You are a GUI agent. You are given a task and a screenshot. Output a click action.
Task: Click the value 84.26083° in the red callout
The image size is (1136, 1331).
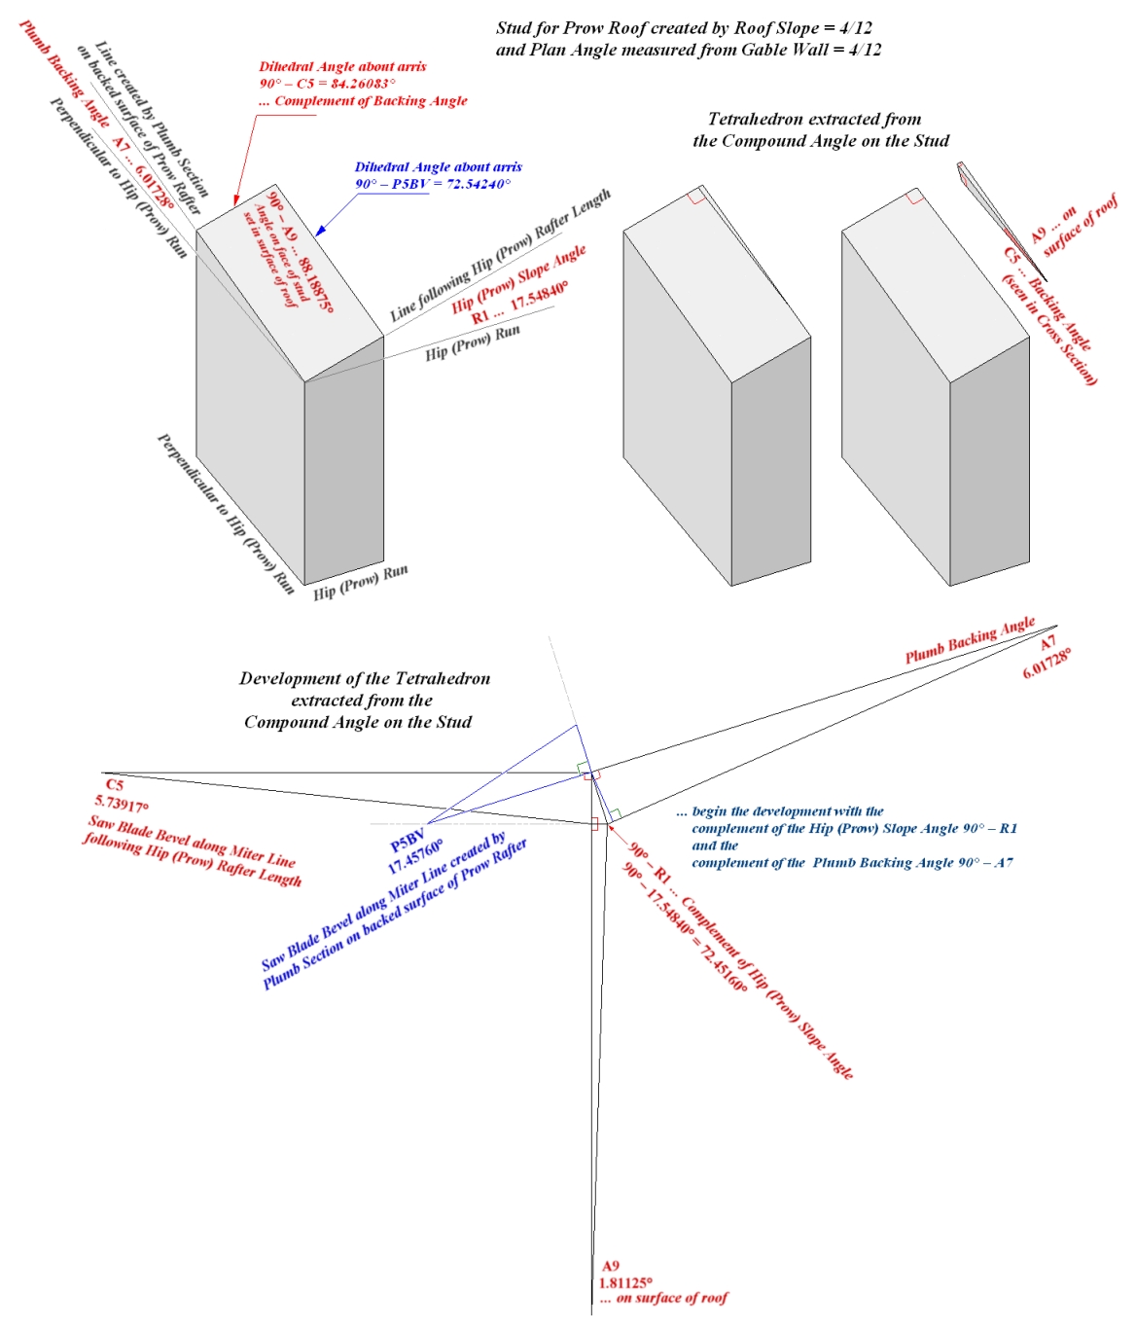(363, 84)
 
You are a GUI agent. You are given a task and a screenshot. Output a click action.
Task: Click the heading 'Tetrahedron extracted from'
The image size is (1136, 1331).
(814, 120)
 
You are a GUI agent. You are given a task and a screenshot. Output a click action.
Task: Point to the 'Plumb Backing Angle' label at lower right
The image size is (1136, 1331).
(970, 641)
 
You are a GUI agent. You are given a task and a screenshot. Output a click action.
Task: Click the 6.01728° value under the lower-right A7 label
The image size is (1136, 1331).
(1047, 664)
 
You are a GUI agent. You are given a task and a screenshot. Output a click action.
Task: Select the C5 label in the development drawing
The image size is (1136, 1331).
(114, 785)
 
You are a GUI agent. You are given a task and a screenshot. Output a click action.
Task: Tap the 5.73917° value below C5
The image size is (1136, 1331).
(122, 804)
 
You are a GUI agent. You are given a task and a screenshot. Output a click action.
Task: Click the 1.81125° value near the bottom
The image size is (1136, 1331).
(625, 1282)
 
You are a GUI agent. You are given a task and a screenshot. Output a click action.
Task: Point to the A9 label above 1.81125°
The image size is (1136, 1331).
(610, 1266)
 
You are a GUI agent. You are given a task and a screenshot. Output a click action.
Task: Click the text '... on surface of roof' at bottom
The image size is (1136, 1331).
(663, 1298)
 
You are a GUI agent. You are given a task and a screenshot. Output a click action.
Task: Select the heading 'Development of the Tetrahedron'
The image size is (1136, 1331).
(365, 679)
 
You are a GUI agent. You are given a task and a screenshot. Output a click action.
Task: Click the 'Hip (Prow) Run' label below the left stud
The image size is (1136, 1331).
(361, 582)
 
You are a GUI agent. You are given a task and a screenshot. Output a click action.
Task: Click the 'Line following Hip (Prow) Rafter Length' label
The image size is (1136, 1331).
(500, 255)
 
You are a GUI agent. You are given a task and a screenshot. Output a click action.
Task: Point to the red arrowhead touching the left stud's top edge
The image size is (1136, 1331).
(235, 201)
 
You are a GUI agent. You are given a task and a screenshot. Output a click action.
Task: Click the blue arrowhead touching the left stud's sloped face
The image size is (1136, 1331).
(319, 232)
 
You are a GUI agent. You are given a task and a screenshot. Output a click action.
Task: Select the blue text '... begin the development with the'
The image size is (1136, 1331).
(780, 811)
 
